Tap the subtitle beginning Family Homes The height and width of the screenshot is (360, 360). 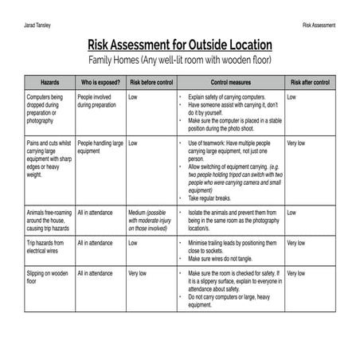coord(179,61)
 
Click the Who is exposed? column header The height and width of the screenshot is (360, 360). coord(100,82)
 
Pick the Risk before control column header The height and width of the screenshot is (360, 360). coord(151,82)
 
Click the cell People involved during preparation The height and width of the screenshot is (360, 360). coord(99,100)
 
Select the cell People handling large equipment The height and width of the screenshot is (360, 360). coord(100,147)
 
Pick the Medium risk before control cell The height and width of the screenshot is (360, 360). coord(151,221)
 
